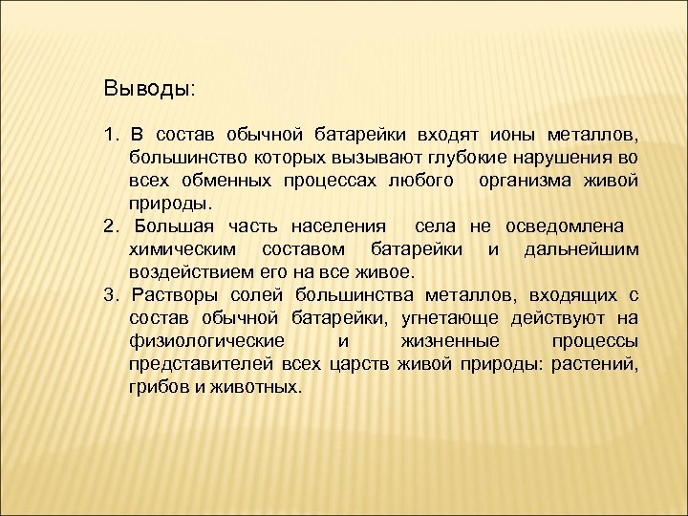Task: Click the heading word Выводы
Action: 148,89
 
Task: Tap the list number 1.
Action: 110,131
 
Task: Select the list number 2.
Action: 110,226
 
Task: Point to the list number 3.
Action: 110,294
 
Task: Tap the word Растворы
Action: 173,294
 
